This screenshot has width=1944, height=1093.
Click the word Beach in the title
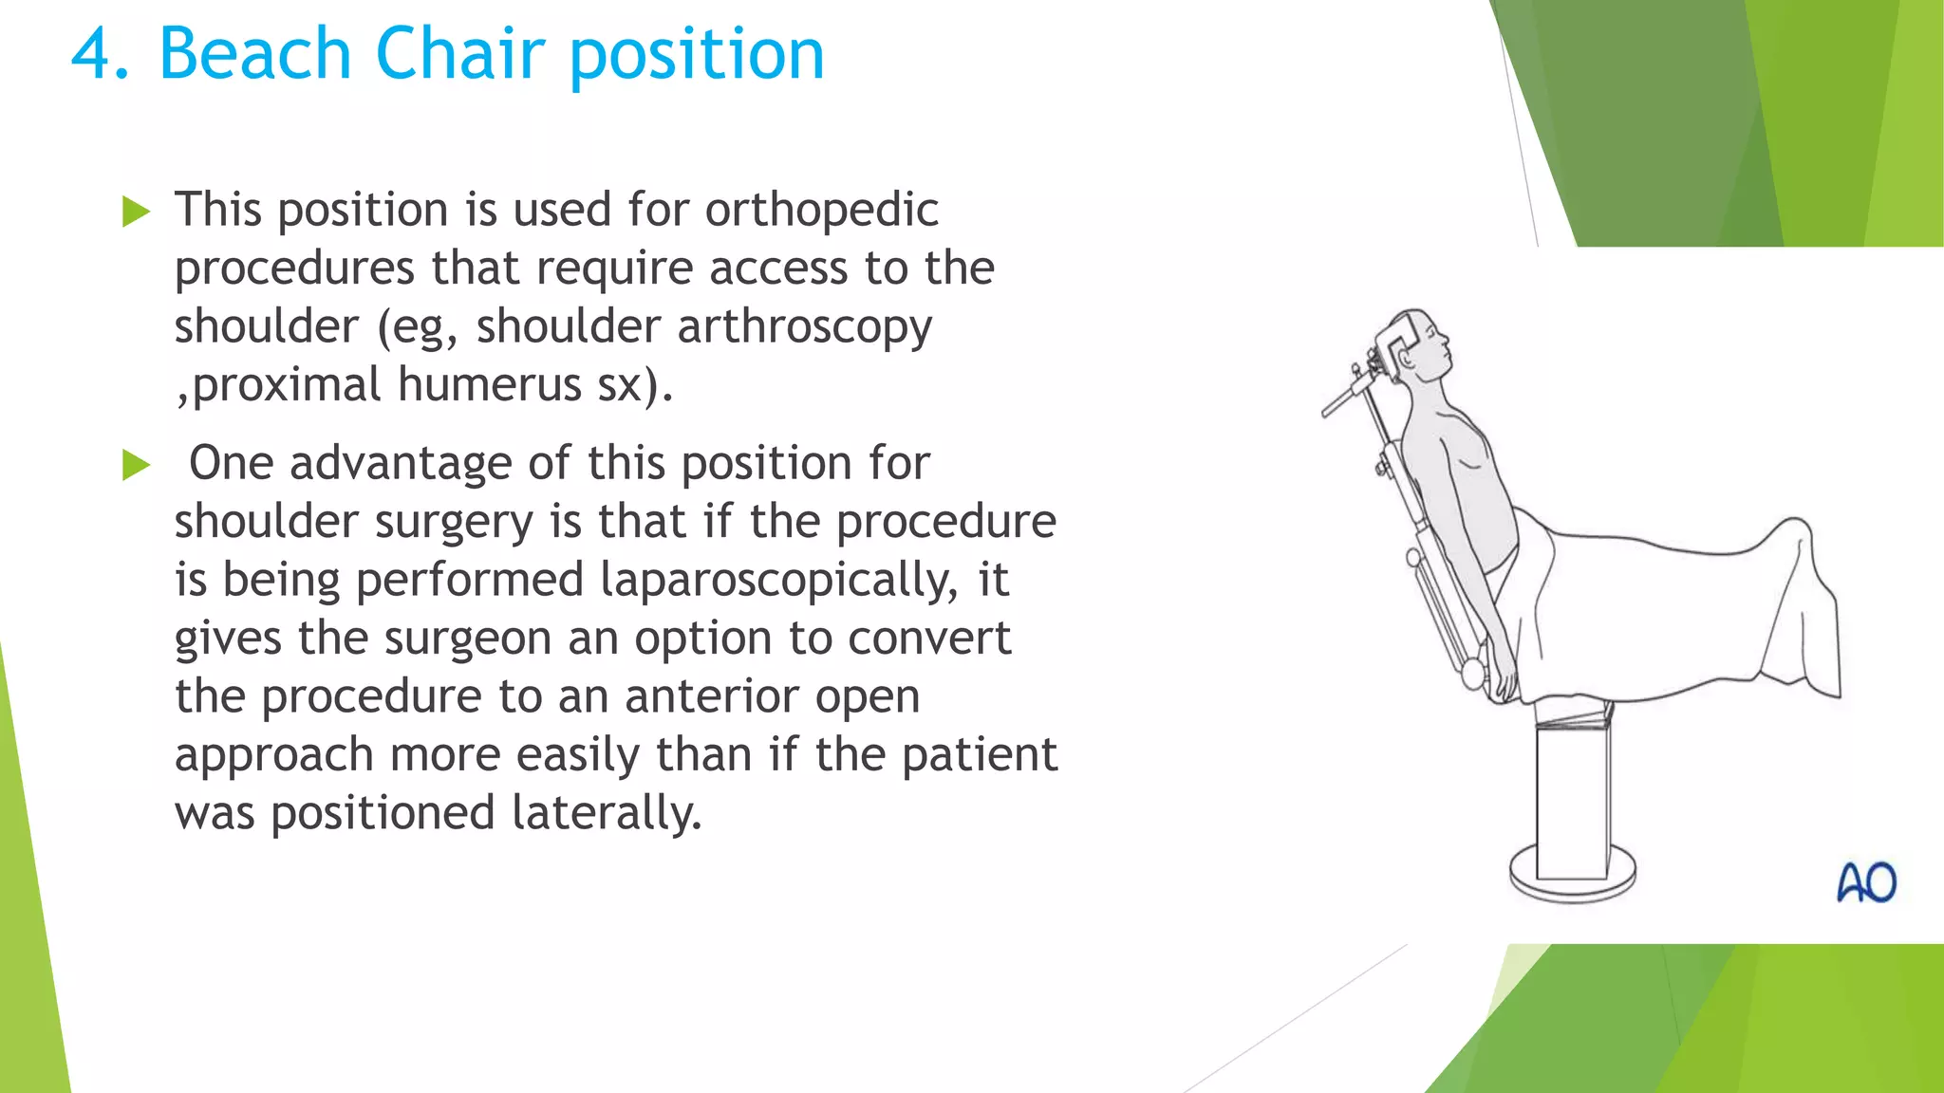[254, 54]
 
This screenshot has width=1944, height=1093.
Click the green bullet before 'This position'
[137, 212]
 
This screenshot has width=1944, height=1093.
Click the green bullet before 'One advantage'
[137, 465]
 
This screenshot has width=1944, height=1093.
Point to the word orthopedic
[821, 210]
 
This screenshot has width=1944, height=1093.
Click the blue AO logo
[1866, 883]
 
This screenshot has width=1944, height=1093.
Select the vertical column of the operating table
[1572, 797]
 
